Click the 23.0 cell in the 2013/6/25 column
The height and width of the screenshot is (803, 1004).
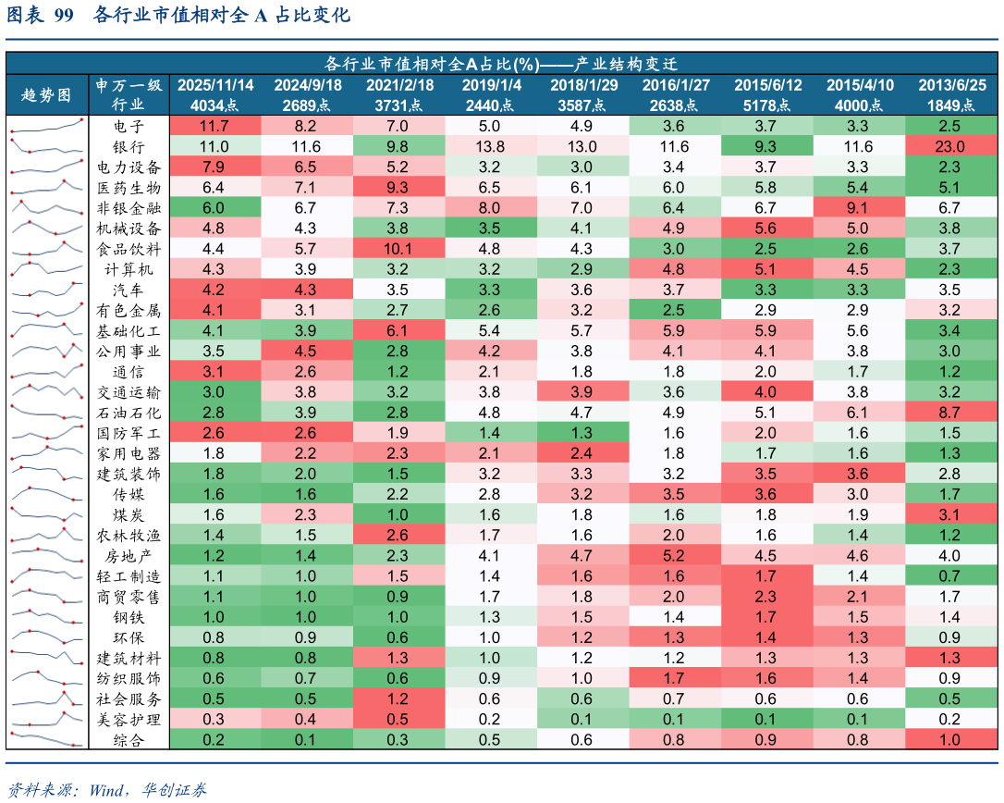click(x=950, y=146)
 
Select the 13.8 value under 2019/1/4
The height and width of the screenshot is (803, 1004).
click(x=490, y=146)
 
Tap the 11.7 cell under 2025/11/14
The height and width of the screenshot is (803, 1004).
click(x=214, y=126)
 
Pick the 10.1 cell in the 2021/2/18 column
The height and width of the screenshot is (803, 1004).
click(x=398, y=248)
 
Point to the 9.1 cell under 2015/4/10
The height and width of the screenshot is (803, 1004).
click(x=858, y=207)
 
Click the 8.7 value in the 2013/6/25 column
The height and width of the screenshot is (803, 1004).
click(x=950, y=412)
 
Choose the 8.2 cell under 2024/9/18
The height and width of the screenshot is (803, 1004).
click(x=306, y=126)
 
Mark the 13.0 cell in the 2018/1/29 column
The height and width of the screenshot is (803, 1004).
click(x=582, y=146)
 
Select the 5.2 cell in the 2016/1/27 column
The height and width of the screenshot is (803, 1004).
click(x=674, y=555)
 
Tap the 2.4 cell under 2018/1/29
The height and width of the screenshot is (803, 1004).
click(x=582, y=452)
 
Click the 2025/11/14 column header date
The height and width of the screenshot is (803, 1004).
click(x=214, y=85)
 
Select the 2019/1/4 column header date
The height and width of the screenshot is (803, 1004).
click(x=491, y=85)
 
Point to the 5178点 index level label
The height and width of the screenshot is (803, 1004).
click(x=767, y=105)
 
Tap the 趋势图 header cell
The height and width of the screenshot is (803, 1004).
click(x=46, y=94)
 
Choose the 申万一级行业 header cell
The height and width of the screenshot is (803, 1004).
click(x=129, y=94)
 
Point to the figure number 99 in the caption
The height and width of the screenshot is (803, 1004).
click(x=64, y=16)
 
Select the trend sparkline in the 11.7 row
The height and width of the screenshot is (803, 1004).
click(x=46, y=126)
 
